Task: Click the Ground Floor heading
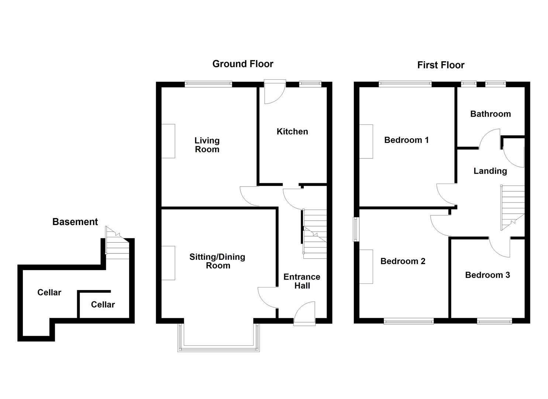(242, 64)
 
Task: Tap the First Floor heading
(440, 65)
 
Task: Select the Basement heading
(75, 222)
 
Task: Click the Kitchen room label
(292, 132)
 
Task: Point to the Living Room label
(207, 145)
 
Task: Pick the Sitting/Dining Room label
(217, 261)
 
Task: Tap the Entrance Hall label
(302, 281)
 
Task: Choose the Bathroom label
(490, 114)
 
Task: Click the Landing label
(490, 171)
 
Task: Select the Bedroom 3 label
(487, 275)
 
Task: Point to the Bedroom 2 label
(403, 261)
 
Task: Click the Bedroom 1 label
(406, 140)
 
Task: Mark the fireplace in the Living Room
(168, 141)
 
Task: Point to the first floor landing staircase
(512, 207)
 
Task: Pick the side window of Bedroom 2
(356, 229)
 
